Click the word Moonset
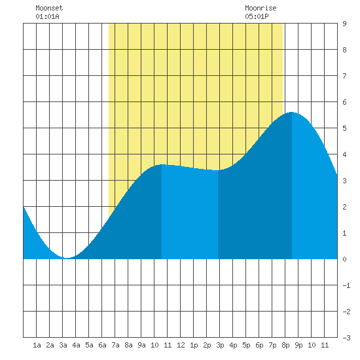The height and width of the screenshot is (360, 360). click(x=49, y=8)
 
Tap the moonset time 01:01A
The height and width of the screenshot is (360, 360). click(x=47, y=16)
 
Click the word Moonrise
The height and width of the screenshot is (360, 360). click(x=261, y=8)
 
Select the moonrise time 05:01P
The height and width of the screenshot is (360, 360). click(x=257, y=16)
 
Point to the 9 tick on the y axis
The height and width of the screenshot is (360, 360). click(x=344, y=24)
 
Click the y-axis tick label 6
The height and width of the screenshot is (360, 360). click(x=344, y=102)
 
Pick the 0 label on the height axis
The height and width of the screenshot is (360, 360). click(x=344, y=259)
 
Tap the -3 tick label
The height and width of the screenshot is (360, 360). click(x=346, y=338)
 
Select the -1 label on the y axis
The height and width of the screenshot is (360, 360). click(x=346, y=285)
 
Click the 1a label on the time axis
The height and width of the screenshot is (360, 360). click(x=37, y=345)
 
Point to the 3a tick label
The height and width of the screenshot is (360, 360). click(x=63, y=345)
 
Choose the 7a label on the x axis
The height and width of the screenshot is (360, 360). click(x=115, y=345)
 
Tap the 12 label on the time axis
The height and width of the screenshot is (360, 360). click(x=181, y=345)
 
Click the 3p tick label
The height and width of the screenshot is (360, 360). click(x=220, y=345)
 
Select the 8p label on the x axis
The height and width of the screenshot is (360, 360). click(x=285, y=345)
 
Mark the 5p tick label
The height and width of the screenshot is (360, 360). click(x=246, y=345)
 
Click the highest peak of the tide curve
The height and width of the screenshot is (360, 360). click(x=291, y=112)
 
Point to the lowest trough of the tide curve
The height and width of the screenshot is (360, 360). click(x=67, y=258)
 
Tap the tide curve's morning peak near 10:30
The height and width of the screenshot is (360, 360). click(x=162, y=164)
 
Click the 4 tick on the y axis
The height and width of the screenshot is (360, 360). click(x=344, y=154)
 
